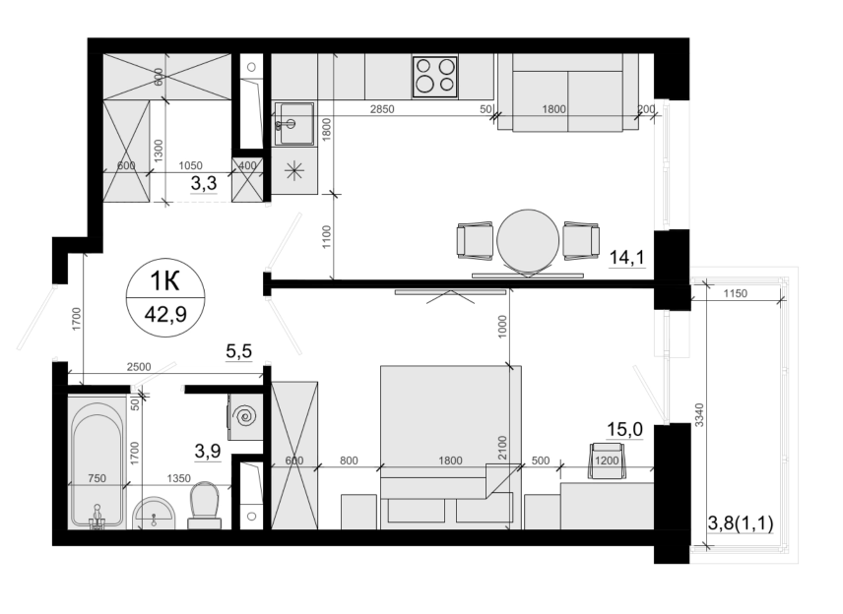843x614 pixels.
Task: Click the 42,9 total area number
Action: [x=165, y=314]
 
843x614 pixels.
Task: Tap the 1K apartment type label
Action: [x=164, y=281]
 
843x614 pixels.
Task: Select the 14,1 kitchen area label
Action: [x=627, y=258]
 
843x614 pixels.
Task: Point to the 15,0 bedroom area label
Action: [x=624, y=429]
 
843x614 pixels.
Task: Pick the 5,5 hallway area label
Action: [x=238, y=351]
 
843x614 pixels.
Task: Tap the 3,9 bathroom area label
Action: [x=208, y=451]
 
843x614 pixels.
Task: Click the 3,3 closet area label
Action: [x=204, y=183]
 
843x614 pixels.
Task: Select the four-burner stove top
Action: [x=435, y=77]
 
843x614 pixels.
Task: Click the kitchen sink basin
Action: [x=294, y=124]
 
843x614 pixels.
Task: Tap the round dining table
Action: [x=528, y=240]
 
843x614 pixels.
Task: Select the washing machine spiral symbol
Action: [x=248, y=416]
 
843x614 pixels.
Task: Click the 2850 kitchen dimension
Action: [x=382, y=109]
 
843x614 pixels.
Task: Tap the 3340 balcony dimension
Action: [x=699, y=414]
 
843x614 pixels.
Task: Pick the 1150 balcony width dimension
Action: [x=735, y=293]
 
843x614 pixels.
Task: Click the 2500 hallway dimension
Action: [x=139, y=367]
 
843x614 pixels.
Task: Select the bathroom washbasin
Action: [x=154, y=513]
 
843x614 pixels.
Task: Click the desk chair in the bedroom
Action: [x=608, y=460]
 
